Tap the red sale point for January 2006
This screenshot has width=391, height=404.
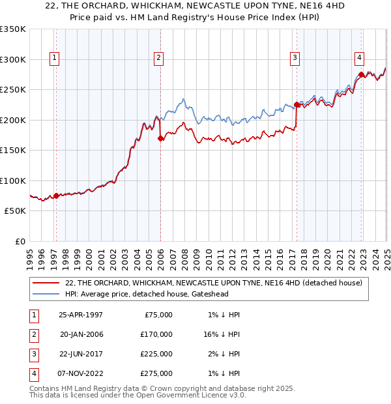pos(160,137)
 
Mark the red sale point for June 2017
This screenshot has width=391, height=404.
pos(297,104)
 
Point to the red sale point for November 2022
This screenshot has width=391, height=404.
pos(361,74)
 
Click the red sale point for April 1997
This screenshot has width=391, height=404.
pos(56,195)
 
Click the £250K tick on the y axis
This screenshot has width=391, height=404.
pos(13,90)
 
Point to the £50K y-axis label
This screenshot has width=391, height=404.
pos(14,211)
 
